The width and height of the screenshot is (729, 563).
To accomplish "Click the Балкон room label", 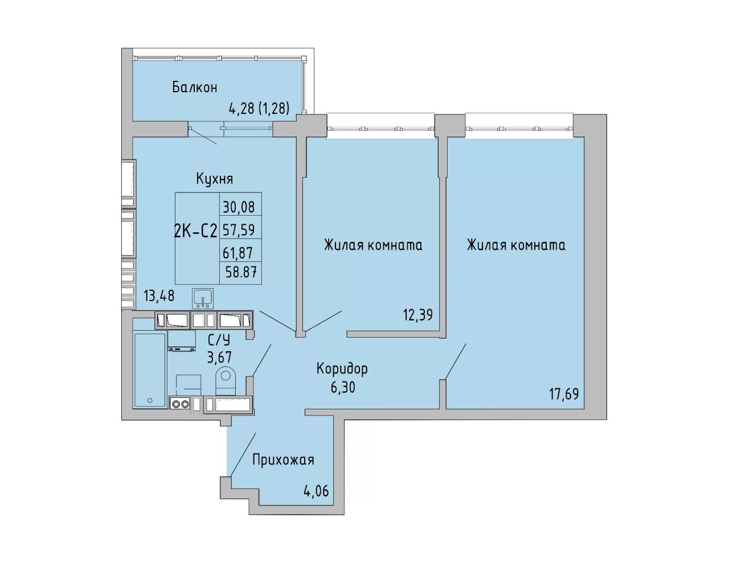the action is [195, 88].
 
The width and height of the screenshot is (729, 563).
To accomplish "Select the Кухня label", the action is [214, 179].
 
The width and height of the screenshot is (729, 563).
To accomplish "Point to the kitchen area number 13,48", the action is [159, 296].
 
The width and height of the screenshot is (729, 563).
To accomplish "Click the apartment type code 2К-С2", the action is [195, 232].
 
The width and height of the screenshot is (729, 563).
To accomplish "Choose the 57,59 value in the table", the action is [239, 230].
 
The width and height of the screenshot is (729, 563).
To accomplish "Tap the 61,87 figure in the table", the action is [237, 253].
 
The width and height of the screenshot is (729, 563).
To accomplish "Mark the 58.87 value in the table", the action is [241, 272].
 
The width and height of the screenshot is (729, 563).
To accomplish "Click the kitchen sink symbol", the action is [203, 298].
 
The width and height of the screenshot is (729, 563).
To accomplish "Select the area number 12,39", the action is [418, 315].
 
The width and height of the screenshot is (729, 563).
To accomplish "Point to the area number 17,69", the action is [564, 394].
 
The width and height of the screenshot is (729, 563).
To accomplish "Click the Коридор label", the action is [342, 369].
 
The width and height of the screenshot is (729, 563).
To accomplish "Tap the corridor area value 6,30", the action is [343, 388].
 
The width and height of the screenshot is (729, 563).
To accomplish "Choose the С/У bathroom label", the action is [219, 340].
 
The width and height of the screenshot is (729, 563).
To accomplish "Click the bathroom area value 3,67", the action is [219, 357].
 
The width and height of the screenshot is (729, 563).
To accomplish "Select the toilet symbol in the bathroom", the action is [226, 381].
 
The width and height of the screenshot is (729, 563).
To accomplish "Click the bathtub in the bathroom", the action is [150, 370].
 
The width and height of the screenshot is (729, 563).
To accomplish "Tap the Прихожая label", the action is [283, 460].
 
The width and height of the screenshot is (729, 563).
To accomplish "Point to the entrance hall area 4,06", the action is [316, 491].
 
